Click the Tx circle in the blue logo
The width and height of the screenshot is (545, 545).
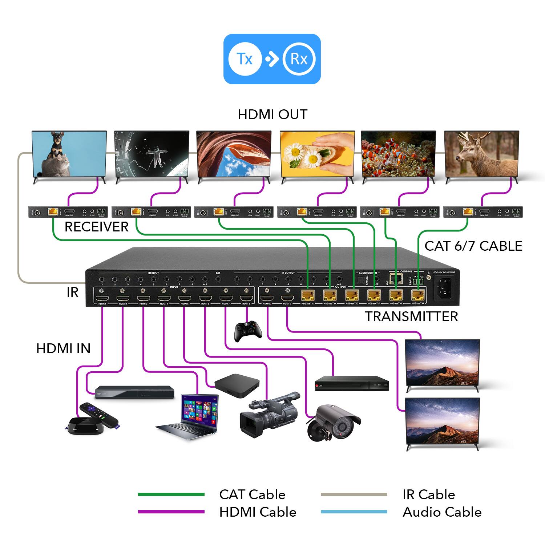pos(245,59)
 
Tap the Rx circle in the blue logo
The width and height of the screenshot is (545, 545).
pos(299,59)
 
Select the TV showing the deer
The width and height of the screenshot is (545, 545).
pos(482,154)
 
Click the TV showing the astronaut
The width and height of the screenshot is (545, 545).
pos(152,154)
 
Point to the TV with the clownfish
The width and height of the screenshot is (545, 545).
pos(398,154)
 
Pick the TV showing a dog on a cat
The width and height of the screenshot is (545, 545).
pos(69,154)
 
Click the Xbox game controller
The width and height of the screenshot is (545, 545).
pos(248,331)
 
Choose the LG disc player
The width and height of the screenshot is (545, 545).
pos(352,383)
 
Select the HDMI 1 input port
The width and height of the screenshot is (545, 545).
pos(102,299)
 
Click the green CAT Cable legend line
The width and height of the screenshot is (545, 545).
pos(171,494)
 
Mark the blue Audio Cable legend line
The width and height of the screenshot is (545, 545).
pos(354,512)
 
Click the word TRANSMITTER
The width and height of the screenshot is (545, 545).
pos(411,316)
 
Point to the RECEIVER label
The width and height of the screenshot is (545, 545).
pos(96,227)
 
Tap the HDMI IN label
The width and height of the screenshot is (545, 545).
pos(63,348)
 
